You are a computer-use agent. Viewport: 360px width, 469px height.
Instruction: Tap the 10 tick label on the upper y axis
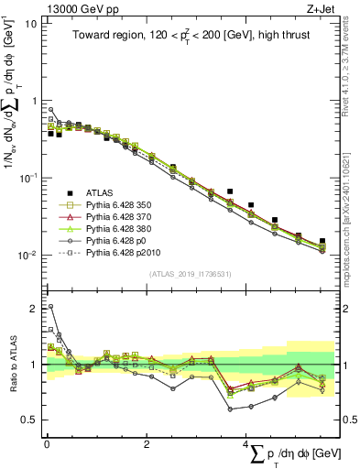[x=29, y=23]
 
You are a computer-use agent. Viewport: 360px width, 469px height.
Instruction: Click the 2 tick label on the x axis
[x=147, y=444]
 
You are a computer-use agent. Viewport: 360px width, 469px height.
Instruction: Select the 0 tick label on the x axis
[x=47, y=444]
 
